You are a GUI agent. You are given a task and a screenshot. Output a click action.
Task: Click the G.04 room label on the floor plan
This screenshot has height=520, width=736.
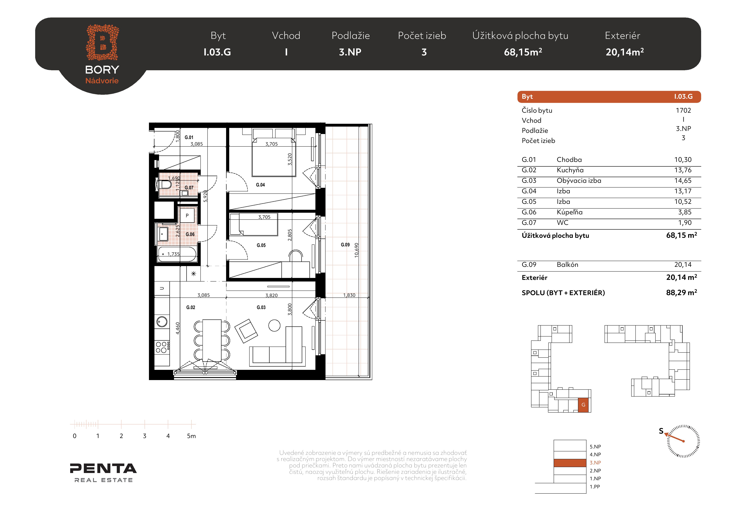coord(260,185)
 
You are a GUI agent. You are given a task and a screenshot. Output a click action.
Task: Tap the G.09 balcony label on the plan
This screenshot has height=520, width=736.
coord(345,245)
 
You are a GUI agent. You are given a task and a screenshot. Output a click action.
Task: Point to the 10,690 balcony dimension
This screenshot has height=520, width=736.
coord(357,250)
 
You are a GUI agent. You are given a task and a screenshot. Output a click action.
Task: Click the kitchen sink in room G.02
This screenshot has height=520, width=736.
coord(162,322)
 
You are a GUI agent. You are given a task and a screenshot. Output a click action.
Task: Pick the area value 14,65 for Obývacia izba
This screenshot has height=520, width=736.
coord(683,181)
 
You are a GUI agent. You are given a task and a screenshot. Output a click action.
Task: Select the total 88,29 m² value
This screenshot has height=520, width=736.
coord(682,292)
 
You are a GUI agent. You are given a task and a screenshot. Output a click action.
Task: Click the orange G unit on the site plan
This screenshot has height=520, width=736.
coord(583,405)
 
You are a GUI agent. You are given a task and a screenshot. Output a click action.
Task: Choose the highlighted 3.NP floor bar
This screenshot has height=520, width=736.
coord(570,463)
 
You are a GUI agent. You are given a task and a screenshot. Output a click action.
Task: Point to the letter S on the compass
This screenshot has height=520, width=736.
coord(661,431)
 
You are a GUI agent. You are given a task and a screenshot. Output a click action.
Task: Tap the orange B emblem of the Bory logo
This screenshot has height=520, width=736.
coord(102,42)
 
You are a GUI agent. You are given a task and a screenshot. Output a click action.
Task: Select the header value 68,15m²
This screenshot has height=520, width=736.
coord(523,52)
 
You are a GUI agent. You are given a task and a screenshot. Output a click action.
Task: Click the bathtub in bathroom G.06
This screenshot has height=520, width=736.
coord(177,254)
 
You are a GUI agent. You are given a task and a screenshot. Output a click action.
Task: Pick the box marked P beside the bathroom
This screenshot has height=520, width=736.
coord(187,216)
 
